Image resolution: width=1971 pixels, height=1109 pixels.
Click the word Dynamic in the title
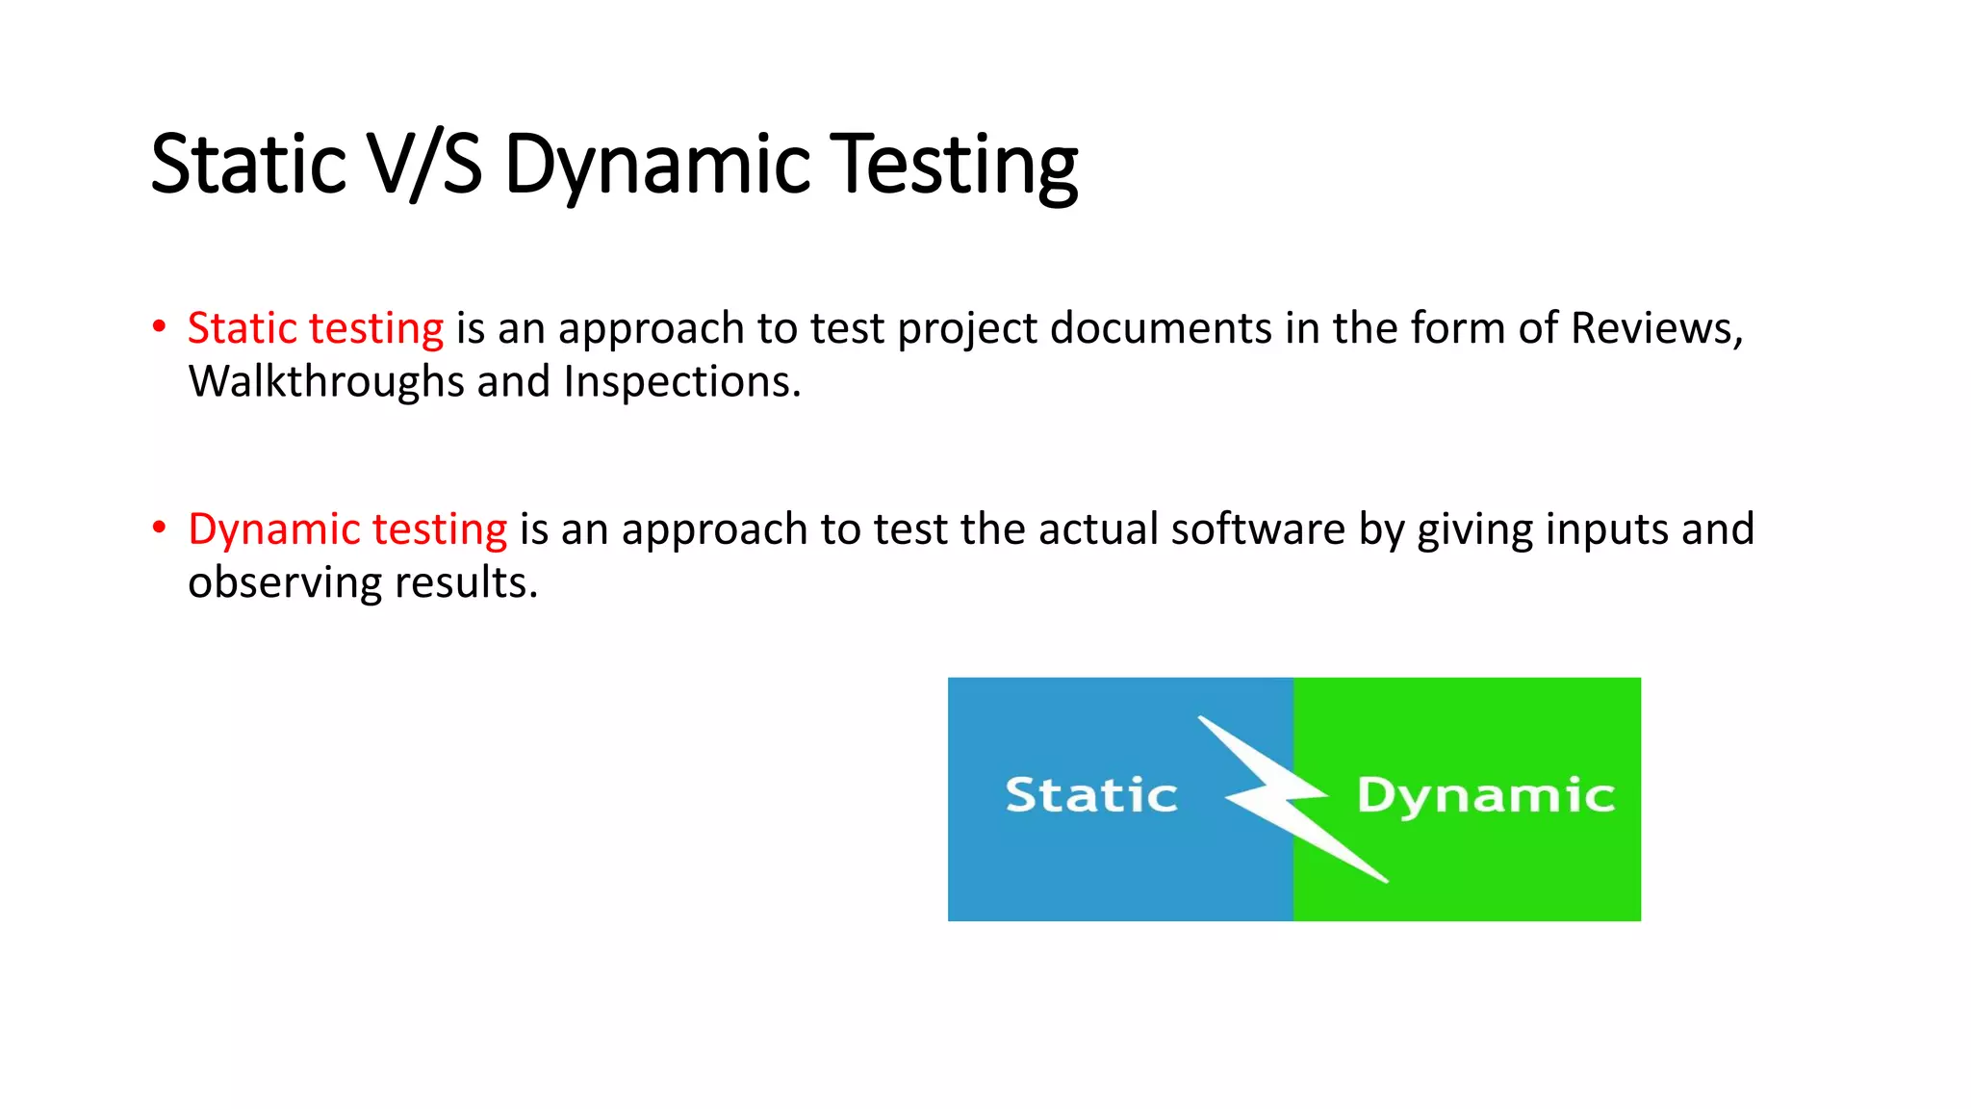click(657, 166)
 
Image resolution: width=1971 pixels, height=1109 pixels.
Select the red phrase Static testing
click(316, 328)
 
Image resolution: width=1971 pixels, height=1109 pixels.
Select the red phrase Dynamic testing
click(347, 529)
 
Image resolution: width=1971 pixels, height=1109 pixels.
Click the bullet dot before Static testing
click(160, 326)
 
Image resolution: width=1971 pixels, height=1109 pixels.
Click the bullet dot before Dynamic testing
click(160, 528)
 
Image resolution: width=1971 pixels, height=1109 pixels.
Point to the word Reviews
click(1655, 328)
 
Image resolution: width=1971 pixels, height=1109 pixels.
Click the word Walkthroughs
click(326, 382)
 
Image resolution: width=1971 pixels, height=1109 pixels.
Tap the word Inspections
click(681, 382)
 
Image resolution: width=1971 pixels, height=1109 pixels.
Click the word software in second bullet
click(1258, 529)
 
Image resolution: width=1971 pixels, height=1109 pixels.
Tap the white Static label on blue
click(1091, 795)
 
